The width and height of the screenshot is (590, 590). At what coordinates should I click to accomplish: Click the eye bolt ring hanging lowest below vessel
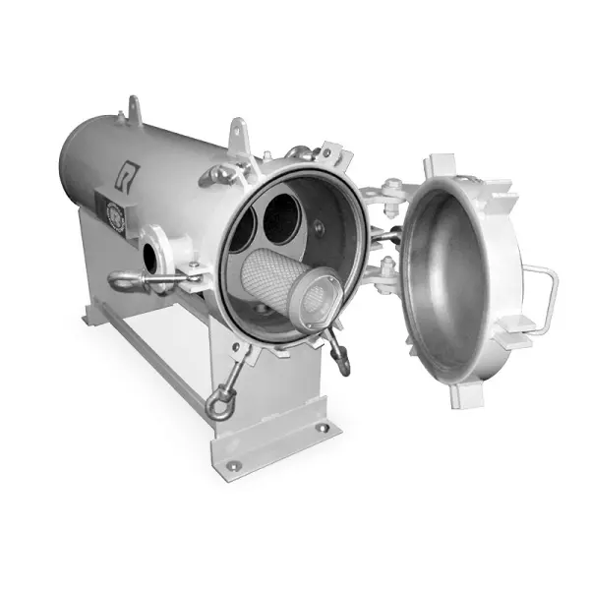click(x=217, y=403)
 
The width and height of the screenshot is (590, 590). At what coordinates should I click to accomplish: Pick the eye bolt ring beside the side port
click(x=125, y=283)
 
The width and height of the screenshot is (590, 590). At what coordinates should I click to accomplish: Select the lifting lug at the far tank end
click(x=133, y=104)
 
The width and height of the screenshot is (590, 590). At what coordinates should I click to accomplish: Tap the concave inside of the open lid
click(x=447, y=275)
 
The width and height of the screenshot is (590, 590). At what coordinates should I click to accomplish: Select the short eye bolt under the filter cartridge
click(x=340, y=357)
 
